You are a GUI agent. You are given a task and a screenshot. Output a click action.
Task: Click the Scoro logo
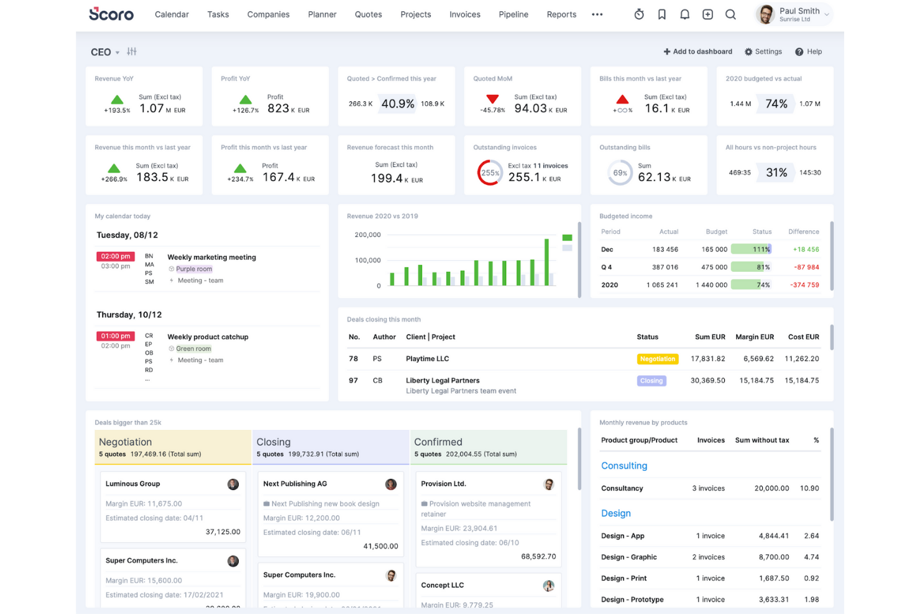click(111, 14)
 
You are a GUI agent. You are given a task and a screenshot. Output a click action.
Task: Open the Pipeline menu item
click(513, 14)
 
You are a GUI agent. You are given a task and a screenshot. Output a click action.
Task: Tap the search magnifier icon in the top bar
click(730, 14)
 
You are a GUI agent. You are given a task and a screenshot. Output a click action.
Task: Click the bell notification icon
click(684, 14)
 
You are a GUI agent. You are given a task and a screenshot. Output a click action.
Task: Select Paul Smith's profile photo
click(766, 14)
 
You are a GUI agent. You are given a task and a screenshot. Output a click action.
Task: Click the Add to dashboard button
click(697, 52)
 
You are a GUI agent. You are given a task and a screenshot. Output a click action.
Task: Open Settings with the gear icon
click(748, 52)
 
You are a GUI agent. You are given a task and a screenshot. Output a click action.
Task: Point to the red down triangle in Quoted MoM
click(492, 99)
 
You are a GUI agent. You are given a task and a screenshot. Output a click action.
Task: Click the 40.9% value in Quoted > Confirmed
click(398, 104)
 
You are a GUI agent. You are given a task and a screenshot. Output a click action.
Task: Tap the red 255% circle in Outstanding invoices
click(490, 173)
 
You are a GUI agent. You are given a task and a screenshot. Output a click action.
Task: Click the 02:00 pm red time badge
click(116, 256)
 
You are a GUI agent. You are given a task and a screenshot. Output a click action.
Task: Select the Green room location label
click(193, 349)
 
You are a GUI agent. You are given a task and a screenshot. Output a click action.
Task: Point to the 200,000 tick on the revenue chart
click(367, 235)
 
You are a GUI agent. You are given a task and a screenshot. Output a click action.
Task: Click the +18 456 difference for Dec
click(806, 249)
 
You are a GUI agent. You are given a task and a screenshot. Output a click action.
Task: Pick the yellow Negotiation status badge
click(658, 359)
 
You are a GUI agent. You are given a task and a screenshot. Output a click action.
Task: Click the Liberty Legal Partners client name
click(443, 381)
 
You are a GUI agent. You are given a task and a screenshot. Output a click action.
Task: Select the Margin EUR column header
click(755, 337)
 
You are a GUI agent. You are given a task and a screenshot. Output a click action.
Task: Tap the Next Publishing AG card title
click(295, 484)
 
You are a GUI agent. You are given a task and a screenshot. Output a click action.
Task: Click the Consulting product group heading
click(624, 466)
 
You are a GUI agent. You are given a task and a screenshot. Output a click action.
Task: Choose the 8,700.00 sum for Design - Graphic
click(773, 557)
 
